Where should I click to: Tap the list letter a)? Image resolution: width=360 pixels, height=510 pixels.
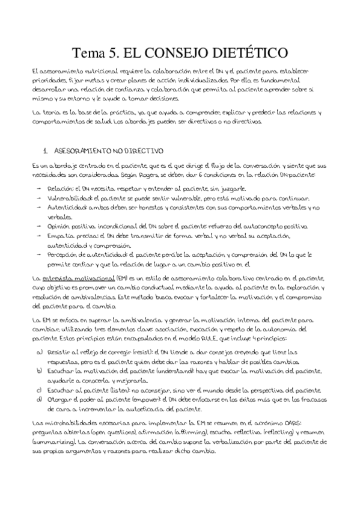pyautogui.click(x=39, y=349)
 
